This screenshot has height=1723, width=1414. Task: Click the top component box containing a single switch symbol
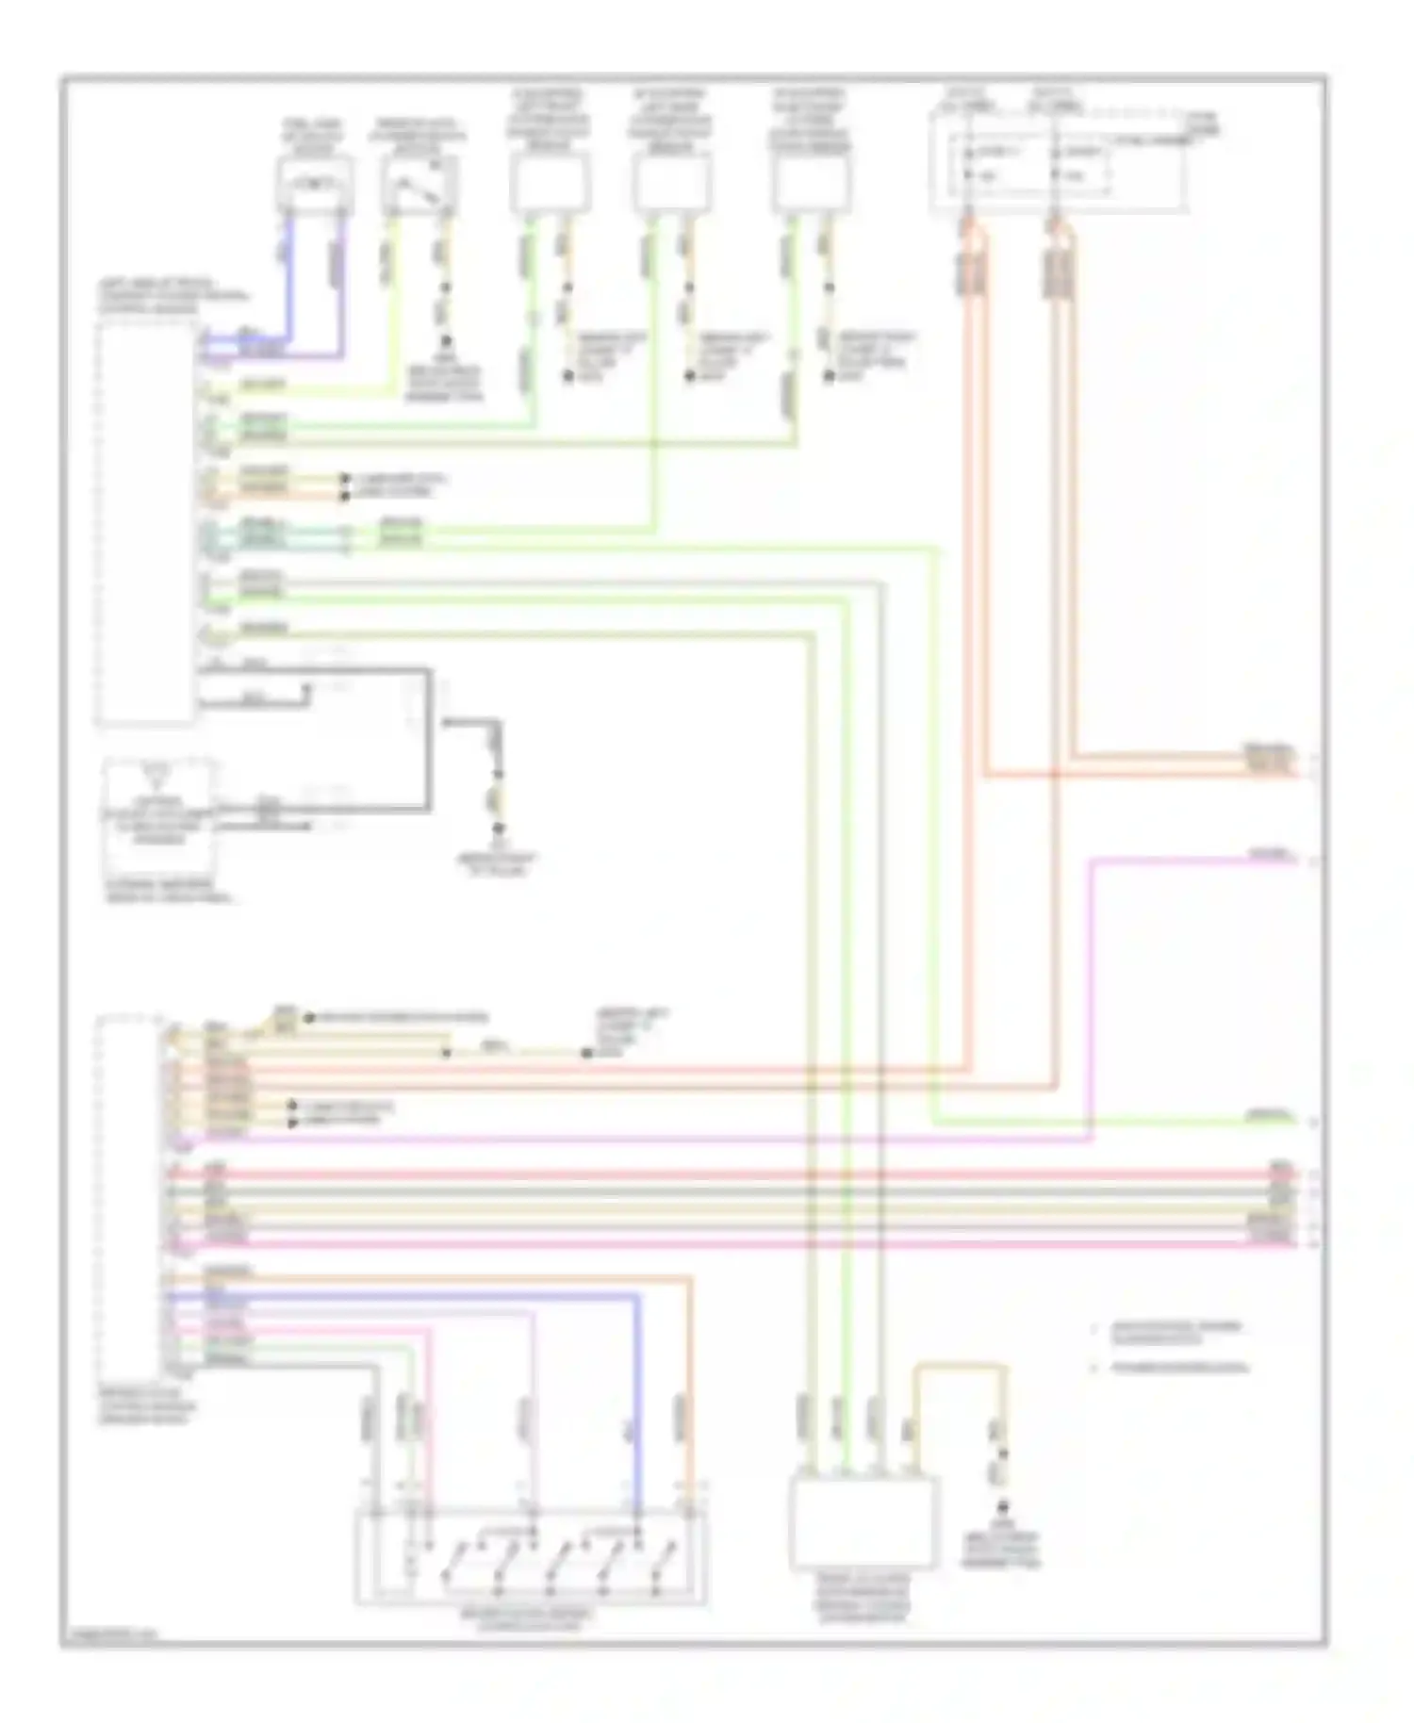coord(419,186)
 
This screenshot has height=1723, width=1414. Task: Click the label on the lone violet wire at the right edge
coord(1270,855)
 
